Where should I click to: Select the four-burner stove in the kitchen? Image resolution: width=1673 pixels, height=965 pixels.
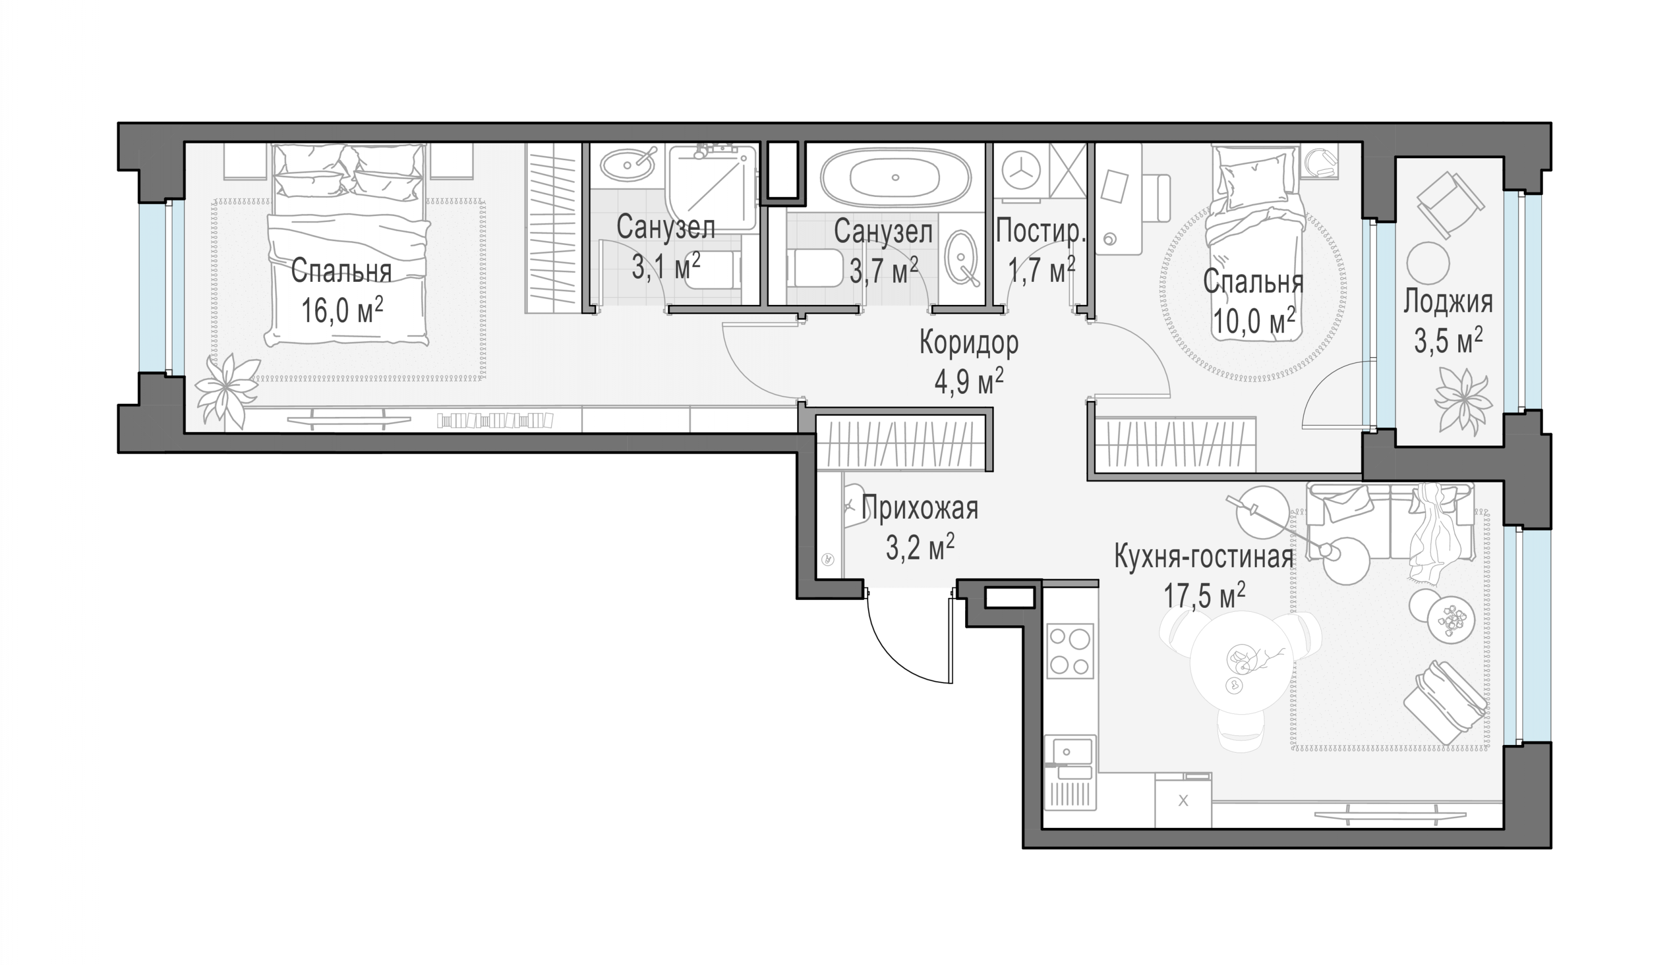coord(1069,651)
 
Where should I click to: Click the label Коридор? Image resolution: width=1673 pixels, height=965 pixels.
coord(969,344)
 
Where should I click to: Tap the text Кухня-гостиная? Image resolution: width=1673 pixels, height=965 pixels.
coord(1204,557)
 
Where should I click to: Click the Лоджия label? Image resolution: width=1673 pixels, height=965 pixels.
coord(1448,303)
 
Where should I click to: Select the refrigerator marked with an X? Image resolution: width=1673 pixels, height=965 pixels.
coord(1182,800)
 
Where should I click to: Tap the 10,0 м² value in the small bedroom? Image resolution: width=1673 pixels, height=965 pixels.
coord(1254,323)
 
